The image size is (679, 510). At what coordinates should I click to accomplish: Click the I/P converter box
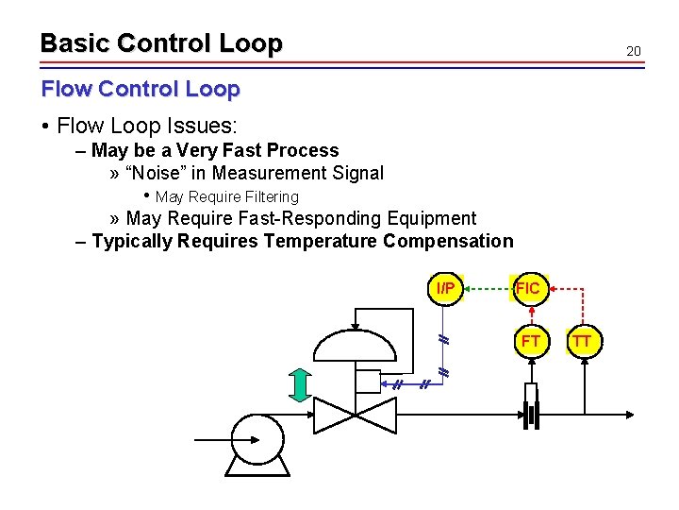click(x=445, y=288)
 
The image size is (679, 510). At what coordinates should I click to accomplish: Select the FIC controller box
click(x=528, y=288)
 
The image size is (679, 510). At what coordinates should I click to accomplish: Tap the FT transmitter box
click(x=530, y=341)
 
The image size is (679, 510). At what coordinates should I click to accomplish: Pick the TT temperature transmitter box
click(x=582, y=341)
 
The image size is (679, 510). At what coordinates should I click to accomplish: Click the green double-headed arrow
click(x=301, y=384)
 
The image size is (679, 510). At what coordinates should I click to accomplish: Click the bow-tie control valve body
click(x=355, y=413)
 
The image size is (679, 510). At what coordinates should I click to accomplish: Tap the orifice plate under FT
click(x=530, y=415)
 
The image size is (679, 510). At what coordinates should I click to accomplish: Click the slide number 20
click(x=633, y=50)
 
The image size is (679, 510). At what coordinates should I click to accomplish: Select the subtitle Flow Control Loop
click(x=141, y=89)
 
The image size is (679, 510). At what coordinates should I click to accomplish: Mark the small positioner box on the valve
click(x=366, y=382)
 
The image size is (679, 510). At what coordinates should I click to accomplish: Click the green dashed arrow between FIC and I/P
click(x=487, y=288)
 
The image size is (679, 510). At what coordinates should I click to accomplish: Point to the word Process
click(x=303, y=150)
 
